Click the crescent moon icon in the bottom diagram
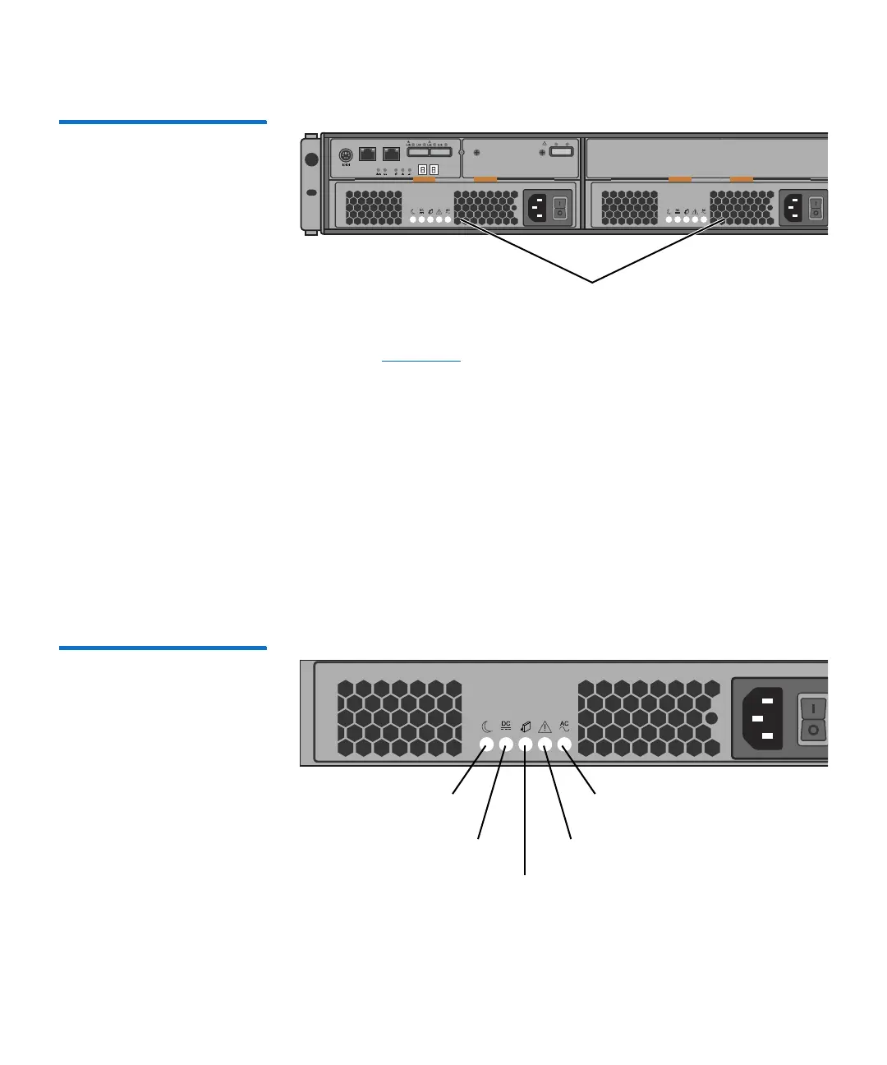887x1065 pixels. pos(486,726)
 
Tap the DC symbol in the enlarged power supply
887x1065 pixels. pos(506,726)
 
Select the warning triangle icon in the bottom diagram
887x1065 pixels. pos(545,726)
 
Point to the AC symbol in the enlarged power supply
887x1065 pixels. pos(564,726)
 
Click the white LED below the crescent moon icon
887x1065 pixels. pos(486,745)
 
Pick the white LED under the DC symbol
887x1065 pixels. pos(506,745)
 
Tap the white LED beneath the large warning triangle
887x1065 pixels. pos(545,745)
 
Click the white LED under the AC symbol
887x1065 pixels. pos(564,745)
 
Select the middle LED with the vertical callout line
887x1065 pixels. pos(526,745)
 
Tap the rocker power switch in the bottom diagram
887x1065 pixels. pos(812,719)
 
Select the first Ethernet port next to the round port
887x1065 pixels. pos(368,154)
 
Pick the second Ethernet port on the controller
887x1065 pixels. pos(391,154)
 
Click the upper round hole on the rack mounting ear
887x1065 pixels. pos(311,159)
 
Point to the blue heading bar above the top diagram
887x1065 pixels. pos(163,122)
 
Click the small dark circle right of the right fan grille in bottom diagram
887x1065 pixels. pos(712,718)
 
